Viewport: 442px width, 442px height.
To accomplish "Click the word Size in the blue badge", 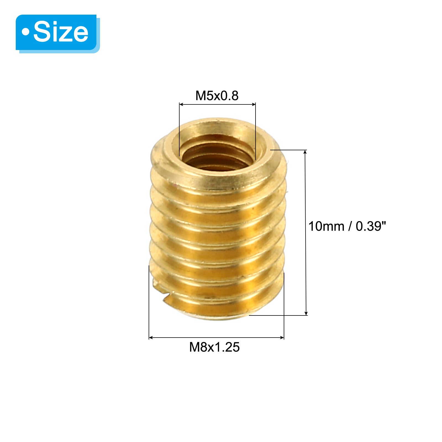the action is [61, 32].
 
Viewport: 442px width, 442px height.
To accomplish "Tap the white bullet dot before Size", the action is [26, 32].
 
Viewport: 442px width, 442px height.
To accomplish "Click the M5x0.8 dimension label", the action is [217, 96].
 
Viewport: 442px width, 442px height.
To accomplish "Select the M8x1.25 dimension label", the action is [214, 347].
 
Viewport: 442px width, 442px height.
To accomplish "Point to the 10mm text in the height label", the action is [326, 226].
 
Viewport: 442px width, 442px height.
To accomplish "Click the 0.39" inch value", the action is [370, 226].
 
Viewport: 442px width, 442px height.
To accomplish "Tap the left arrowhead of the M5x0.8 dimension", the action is [181, 104].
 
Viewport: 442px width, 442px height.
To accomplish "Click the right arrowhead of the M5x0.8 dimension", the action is [254, 104].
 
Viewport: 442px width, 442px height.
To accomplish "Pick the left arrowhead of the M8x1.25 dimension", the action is [151, 337].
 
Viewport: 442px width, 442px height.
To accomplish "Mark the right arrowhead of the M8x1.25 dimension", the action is [282, 337].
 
